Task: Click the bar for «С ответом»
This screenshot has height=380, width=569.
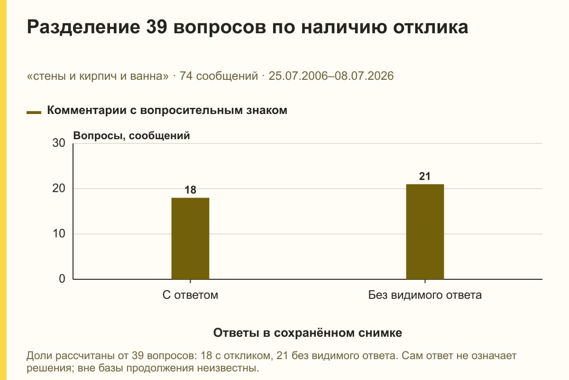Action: pyautogui.click(x=190, y=238)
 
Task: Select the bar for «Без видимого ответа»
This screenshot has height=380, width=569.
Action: pyautogui.click(x=425, y=232)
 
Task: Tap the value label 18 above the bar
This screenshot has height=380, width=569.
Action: pyautogui.click(x=190, y=190)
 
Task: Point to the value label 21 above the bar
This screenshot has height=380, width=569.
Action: pyautogui.click(x=425, y=176)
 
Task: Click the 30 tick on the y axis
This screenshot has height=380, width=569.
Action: pyautogui.click(x=59, y=143)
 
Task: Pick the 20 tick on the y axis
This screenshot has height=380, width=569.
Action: pyautogui.click(x=59, y=189)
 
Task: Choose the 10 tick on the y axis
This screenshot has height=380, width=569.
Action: pyautogui.click(x=59, y=234)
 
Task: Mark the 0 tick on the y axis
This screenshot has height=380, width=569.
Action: pyautogui.click(x=62, y=279)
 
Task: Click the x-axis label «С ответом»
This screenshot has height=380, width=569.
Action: pyautogui.click(x=190, y=295)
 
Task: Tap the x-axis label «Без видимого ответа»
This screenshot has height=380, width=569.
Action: pyautogui.click(x=425, y=295)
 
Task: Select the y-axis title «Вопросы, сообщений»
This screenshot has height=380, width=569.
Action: pyautogui.click(x=132, y=136)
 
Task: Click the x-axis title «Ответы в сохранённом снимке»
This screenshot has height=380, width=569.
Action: pyautogui.click(x=308, y=333)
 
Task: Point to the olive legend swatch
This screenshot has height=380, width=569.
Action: pyautogui.click(x=34, y=113)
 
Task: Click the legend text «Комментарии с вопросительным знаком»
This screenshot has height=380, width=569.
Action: pyautogui.click(x=167, y=111)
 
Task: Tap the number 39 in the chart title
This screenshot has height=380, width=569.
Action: pyautogui.click(x=156, y=27)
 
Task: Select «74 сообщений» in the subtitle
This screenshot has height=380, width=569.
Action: pyautogui.click(x=219, y=76)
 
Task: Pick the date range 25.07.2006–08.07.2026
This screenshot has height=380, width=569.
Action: pyautogui.click(x=331, y=76)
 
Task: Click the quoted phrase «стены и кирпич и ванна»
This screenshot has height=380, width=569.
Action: pyautogui.click(x=98, y=76)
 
